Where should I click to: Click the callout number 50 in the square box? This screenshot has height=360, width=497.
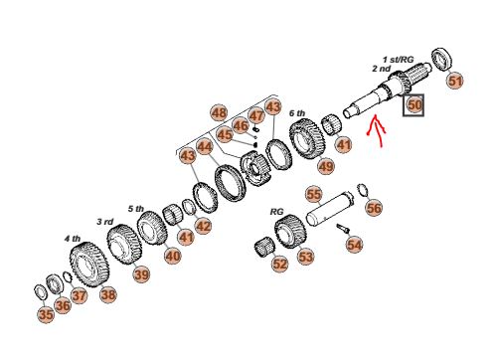pos(414,105)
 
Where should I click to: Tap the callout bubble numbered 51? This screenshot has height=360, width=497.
pos(455,81)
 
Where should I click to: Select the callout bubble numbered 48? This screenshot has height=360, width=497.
pos(219,112)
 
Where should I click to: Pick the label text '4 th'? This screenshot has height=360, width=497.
pos(73,239)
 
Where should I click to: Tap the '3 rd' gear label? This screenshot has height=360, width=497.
pos(105,222)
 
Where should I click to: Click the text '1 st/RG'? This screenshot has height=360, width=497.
pos(399,60)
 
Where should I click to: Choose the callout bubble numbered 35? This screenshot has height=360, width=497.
pos(46,314)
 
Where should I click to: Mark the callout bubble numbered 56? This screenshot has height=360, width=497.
pos(374,208)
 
